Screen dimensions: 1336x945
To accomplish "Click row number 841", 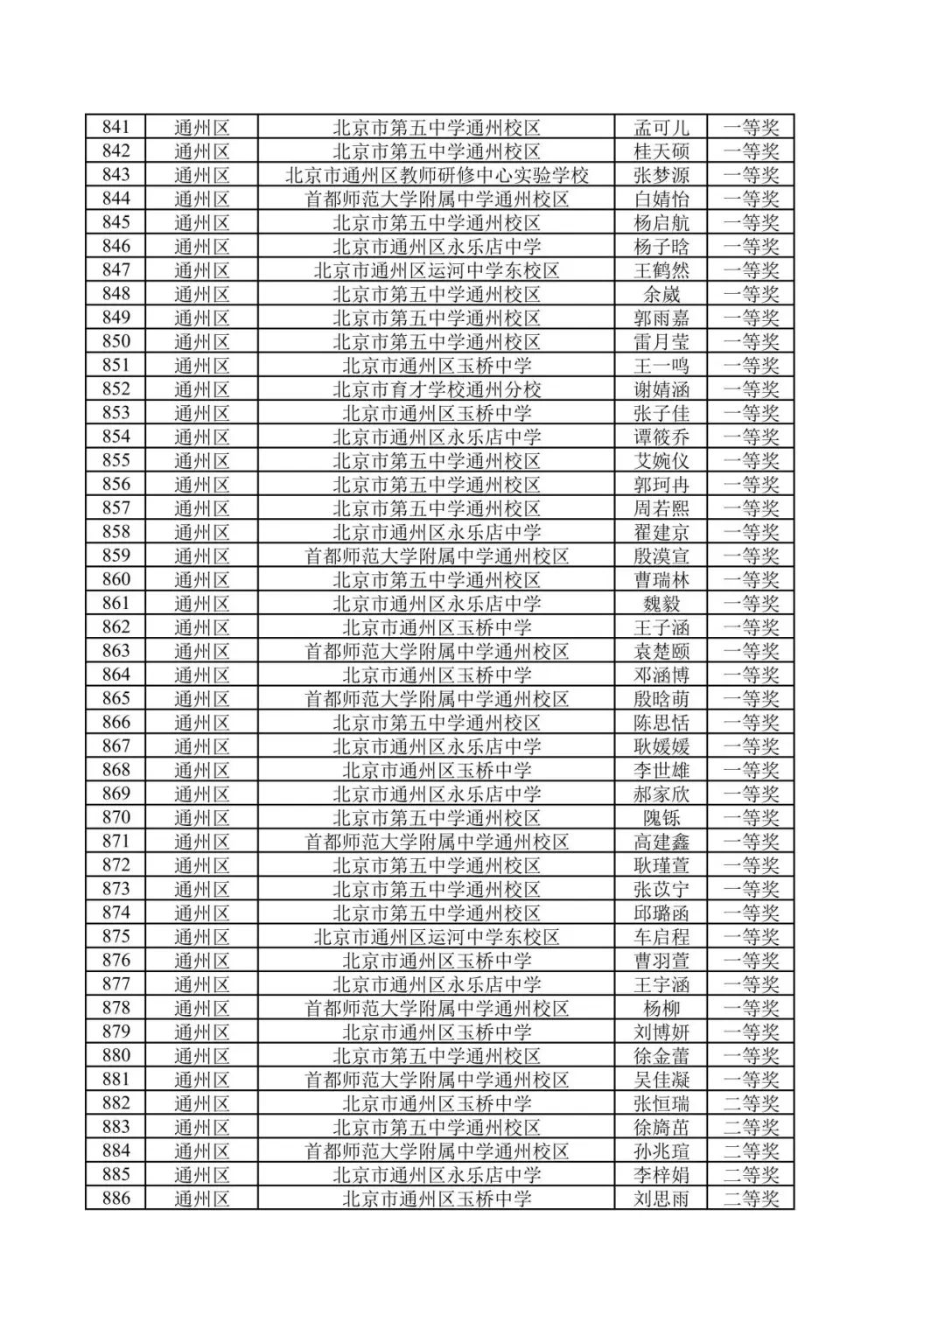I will (115, 127).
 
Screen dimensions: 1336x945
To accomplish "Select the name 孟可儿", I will (661, 127).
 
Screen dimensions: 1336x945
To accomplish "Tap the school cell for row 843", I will (437, 175).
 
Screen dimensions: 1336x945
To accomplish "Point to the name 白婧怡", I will (661, 199).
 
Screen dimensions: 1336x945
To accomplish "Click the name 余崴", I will (661, 294).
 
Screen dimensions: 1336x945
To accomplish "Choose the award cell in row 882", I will (751, 1103).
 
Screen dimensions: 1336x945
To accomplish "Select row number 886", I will (115, 1199).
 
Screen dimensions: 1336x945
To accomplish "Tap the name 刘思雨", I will (661, 1199).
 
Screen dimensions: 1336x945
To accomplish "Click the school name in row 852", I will (437, 389).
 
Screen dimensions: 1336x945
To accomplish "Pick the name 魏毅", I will (661, 604).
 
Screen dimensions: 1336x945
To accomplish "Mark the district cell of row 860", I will (201, 580).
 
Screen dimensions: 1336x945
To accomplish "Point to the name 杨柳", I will (661, 1008).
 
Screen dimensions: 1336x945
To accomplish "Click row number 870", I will (115, 818).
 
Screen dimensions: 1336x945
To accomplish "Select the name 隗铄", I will (661, 818).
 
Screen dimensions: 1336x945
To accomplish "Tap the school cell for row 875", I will (437, 937).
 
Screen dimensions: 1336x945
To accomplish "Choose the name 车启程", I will (661, 937).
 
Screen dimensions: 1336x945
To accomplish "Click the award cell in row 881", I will (751, 1080).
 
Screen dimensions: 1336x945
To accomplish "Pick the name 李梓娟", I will (661, 1175).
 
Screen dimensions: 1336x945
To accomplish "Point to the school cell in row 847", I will (437, 270).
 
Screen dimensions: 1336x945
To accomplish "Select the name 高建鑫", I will (661, 842).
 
